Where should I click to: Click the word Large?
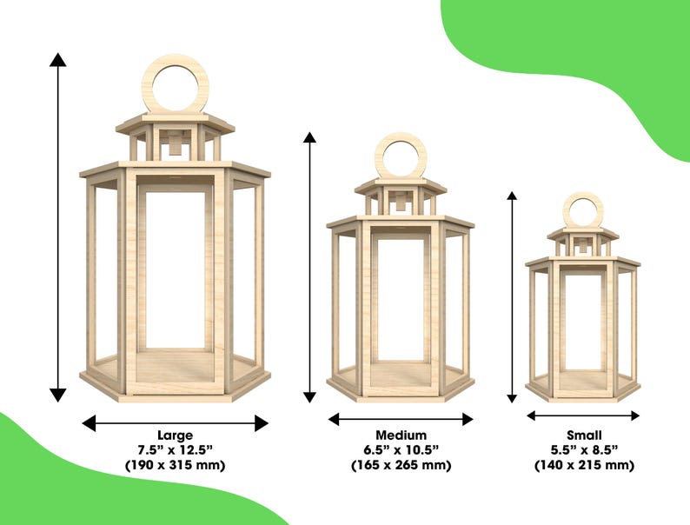[x=176, y=435]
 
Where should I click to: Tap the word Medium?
[x=401, y=435]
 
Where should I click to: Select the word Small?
[x=584, y=435]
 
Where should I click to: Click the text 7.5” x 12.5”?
[x=176, y=450]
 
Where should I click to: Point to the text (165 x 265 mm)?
[x=401, y=465]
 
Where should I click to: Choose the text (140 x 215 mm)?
[x=584, y=465]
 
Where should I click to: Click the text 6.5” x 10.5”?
[x=401, y=450]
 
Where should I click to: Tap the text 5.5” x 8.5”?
[x=584, y=450]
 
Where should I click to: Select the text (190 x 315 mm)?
[x=176, y=465]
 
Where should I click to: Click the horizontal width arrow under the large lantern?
[x=176, y=423]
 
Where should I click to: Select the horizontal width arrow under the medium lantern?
[x=401, y=419]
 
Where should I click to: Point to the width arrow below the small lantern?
[x=583, y=415]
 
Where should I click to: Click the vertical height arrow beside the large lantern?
[x=57, y=227]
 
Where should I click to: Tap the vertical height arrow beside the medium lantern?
[x=309, y=267]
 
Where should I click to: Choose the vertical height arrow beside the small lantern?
[x=512, y=297]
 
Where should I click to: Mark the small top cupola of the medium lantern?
[x=401, y=196]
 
